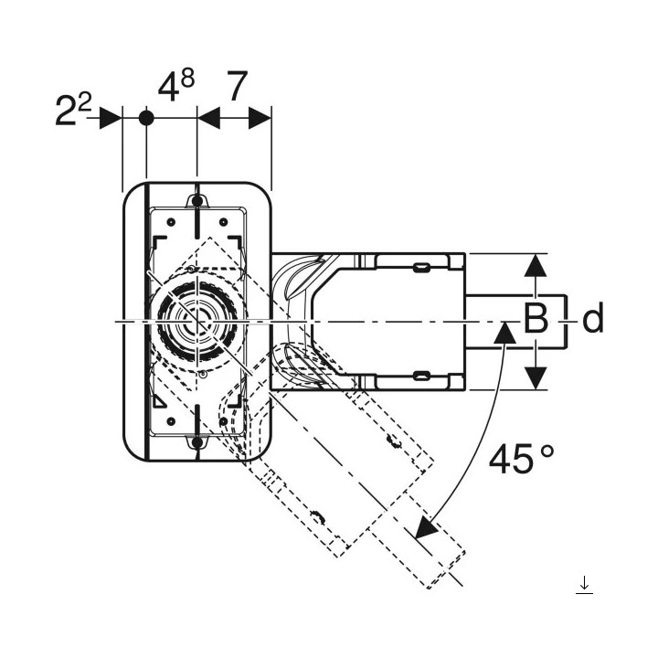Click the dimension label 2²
[75, 112]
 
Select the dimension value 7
[235, 89]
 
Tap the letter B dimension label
[536, 320]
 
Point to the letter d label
[593, 320]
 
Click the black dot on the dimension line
[145, 118]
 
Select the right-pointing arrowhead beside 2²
[111, 118]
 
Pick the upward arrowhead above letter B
[536, 266]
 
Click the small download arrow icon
[585, 585]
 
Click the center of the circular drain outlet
[196, 321]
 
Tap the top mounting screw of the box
[197, 199]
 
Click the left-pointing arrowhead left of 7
[208, 118]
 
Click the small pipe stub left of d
[516, 321]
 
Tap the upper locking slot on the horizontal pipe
[422, 267]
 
